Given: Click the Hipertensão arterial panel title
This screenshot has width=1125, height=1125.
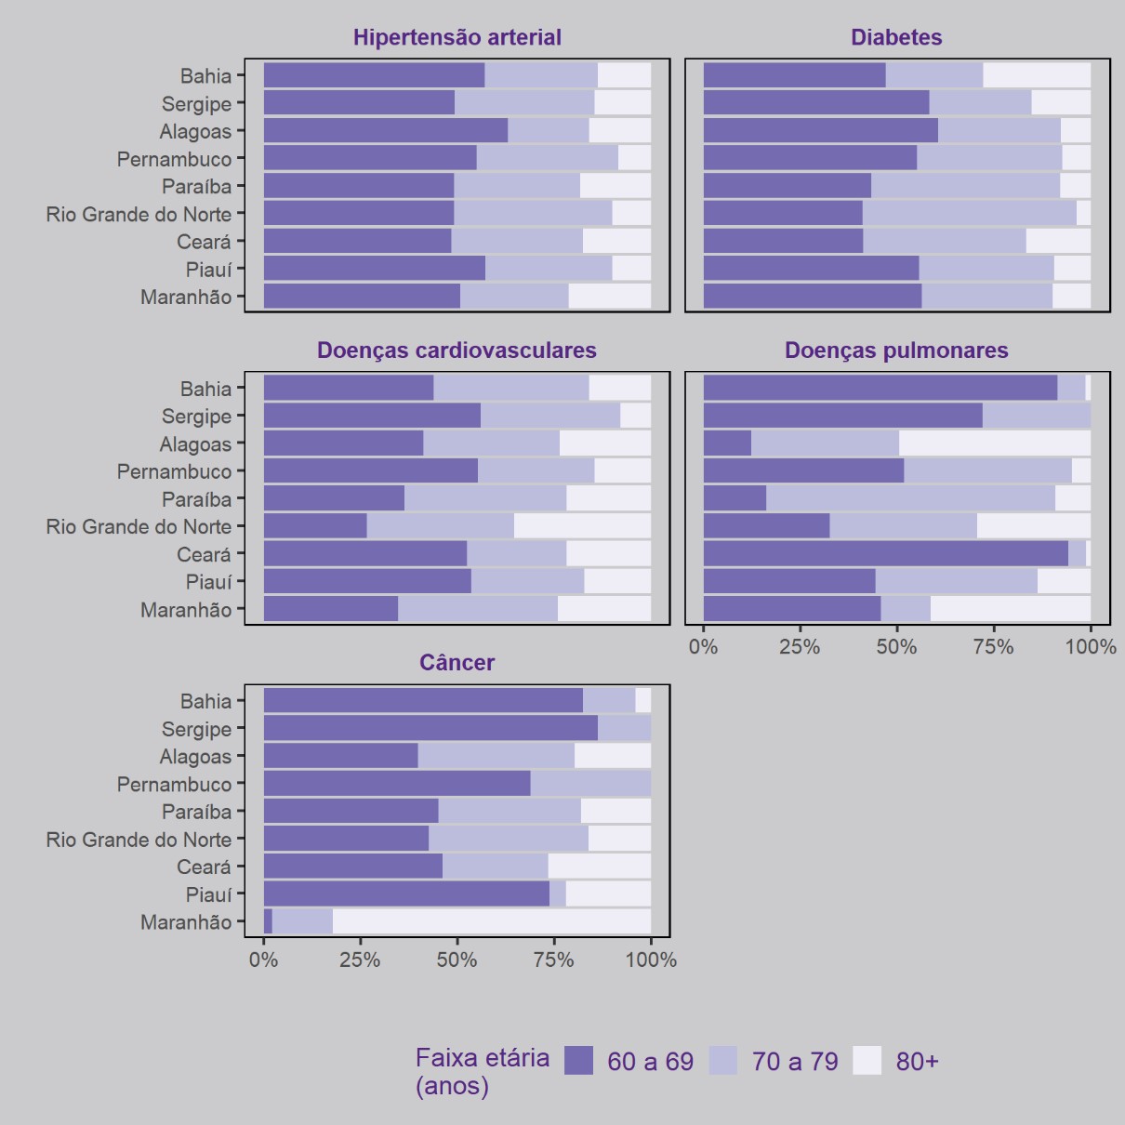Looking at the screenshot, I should click(457, 37).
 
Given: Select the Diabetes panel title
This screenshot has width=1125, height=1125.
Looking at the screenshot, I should click(896, 37).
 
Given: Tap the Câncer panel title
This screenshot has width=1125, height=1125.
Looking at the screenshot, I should click(457, 663).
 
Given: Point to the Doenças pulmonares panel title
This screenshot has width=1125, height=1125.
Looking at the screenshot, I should click(896, 351).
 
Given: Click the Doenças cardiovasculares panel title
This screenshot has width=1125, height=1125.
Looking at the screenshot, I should click(457, 351).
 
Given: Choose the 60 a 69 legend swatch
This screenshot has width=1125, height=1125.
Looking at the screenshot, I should click(578, 1061).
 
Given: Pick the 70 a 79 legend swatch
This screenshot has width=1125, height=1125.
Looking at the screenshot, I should click(723, 1061).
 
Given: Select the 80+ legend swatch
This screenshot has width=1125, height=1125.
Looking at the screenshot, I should click(867, 1061).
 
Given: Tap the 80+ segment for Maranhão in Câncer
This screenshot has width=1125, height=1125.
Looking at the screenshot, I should click(492, 921).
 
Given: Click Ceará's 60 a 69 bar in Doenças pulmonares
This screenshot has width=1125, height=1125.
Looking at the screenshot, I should click(885, 554).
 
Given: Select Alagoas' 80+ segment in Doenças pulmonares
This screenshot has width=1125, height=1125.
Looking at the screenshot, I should click(995, 443).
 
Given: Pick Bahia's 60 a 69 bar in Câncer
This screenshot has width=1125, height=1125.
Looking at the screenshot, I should click(423, 701).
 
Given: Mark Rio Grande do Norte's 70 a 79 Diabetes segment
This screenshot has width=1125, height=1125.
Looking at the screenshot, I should click(969, 214).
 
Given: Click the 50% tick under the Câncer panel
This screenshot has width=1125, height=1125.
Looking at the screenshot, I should click(457, 960).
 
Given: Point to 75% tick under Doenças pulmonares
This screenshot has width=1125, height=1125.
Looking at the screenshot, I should click(993, 647).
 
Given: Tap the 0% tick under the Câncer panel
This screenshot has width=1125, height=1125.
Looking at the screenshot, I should click(264, 960).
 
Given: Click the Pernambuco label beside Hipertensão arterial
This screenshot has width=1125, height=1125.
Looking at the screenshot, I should click(174, 159).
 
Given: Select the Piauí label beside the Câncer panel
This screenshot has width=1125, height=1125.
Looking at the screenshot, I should click(208, 894).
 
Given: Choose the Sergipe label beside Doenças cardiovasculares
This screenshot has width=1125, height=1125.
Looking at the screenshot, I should click(196, 417).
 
